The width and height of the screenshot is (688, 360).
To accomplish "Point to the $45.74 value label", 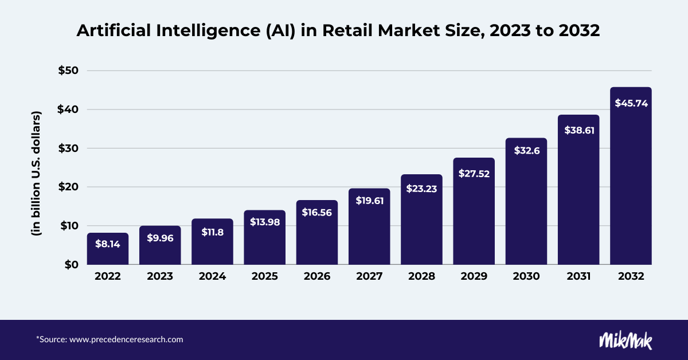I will [631, 103].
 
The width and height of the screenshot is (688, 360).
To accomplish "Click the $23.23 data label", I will [421, 188].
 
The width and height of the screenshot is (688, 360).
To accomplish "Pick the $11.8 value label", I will [212, 232].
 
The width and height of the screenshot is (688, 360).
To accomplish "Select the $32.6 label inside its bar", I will [526, 152].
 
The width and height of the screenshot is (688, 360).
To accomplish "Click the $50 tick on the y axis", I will [71, 71].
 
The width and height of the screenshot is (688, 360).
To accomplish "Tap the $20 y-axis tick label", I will [71, 187].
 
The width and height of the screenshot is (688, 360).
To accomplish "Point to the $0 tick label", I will [75, 264].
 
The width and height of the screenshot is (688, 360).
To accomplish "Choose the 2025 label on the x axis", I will [264, 276].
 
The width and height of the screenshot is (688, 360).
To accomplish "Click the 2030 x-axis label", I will [526, 276].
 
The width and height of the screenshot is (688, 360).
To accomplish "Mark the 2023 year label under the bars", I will [160, 276].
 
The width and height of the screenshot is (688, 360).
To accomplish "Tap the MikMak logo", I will [626, 340].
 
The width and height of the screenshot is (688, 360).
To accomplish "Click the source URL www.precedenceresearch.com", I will [126, 339].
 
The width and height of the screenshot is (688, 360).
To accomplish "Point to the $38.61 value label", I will [578, 130].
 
